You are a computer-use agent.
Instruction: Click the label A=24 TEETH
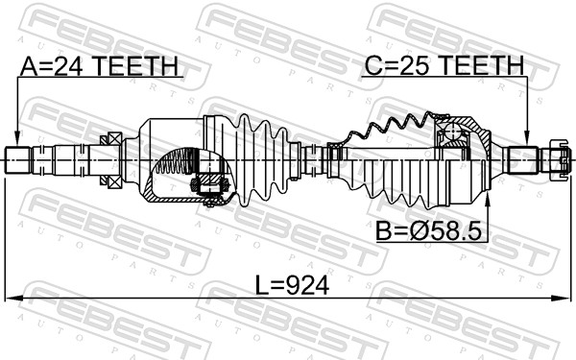click(100, 66)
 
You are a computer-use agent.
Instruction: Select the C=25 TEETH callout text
click(443, 66)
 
